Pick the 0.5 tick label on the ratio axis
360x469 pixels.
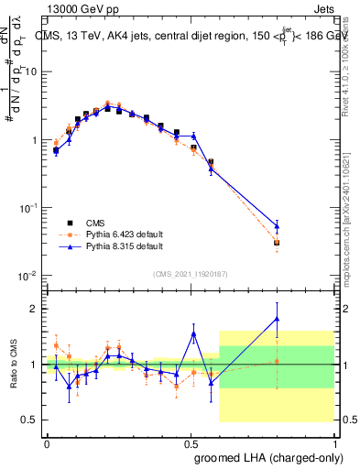[x=28, y=420]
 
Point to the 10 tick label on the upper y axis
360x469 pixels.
[x=28, y=71]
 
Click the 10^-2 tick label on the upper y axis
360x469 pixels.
[x=27, y=276]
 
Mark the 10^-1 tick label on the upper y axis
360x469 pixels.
[x=27, y=208]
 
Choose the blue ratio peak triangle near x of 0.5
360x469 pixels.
[x=193, y=333]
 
